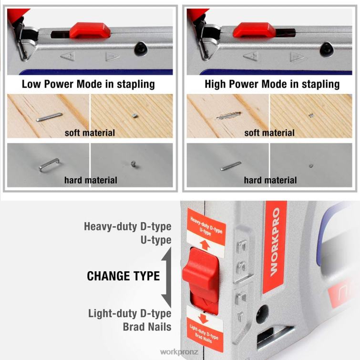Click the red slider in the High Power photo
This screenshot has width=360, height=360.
254,30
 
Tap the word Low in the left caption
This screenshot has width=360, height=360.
32,84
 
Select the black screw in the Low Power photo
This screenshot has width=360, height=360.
140,49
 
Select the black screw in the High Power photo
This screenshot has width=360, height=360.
326,48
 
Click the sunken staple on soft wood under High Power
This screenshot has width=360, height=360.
227,116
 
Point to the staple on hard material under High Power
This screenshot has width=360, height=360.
230,165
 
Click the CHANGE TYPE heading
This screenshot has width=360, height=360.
123,276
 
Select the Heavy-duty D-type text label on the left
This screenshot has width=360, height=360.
127,226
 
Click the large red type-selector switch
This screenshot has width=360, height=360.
201,278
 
